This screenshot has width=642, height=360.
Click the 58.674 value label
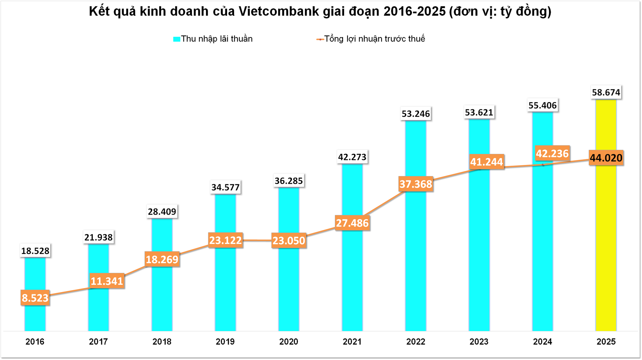606,92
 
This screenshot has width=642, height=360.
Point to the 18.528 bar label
35,251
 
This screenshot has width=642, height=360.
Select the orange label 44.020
606,158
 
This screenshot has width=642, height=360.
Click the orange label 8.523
35,298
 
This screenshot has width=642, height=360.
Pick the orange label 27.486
352,223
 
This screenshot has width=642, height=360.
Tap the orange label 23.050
289,241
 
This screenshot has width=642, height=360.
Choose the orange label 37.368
416,184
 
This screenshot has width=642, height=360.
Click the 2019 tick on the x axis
225,342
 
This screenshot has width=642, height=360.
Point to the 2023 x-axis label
479,342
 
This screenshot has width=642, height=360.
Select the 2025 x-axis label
606,342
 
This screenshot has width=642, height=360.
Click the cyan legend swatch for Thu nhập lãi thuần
177,39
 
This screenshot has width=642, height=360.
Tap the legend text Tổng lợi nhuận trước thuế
374,39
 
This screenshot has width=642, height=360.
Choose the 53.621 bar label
479,112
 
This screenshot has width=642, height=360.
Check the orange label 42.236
552,154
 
